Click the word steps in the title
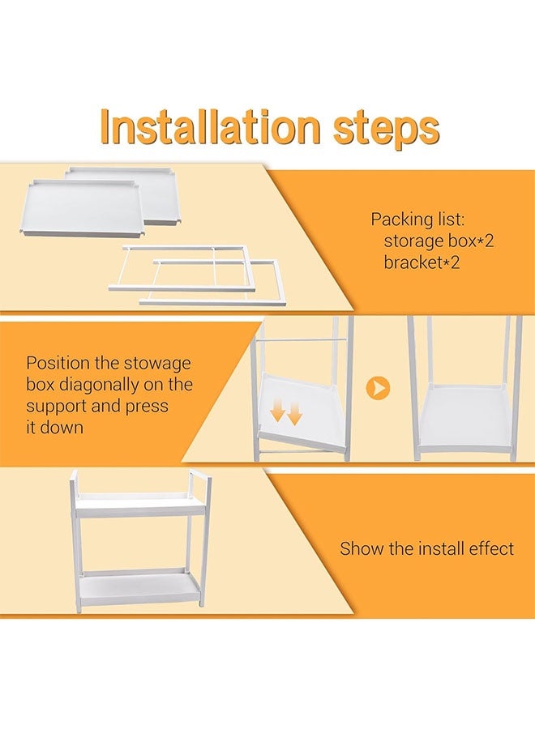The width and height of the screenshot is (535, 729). click(x=386, y=130)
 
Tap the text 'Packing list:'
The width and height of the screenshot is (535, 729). click(x=417, y=220)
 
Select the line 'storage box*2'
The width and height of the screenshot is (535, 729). click(x=439, y=241)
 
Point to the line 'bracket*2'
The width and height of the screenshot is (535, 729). click(x=422, y=262)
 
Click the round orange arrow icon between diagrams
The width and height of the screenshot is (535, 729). click(x=378, y=388)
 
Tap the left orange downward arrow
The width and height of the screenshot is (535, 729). click(x=278, y=412)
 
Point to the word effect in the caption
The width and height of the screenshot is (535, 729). click(x=490, y=548)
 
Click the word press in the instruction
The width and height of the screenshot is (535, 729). click(x=147, y=407)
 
